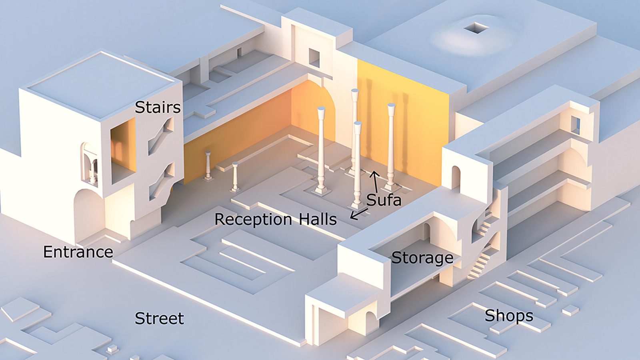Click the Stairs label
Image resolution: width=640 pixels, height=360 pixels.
(x=158, y=107)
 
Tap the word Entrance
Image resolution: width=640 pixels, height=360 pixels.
(x=78, y=252)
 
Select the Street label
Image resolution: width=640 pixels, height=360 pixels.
(x=159, y=318)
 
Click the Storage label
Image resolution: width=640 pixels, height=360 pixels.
(x=422, y=258)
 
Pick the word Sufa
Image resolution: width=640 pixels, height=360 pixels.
(x=384, y=200)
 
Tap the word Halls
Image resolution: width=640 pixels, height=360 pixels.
(x=318, y=219)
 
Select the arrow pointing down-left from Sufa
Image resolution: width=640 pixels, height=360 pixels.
(x=359, y=214)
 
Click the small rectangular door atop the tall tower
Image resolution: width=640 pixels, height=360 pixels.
(x=314, y=58)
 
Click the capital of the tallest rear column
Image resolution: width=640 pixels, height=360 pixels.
(x=355, y=94)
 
